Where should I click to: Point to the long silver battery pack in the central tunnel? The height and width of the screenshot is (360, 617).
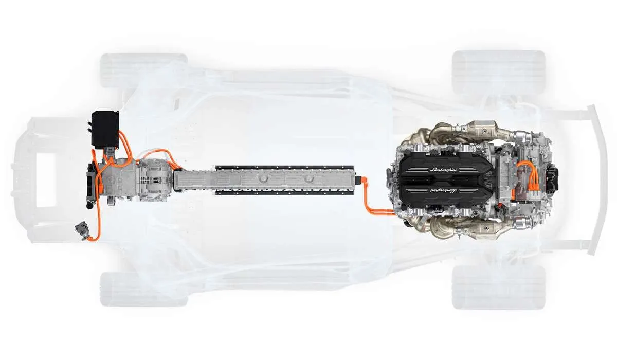[x=265, y=181]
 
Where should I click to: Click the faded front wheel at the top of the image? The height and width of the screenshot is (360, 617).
[x=143, y=71]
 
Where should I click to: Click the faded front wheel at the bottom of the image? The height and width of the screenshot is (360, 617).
[x=143, y=289]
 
